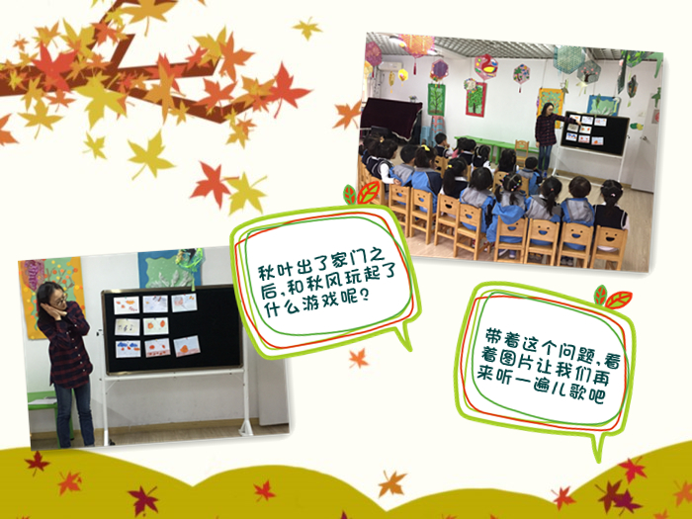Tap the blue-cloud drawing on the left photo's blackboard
[x=128, y=349]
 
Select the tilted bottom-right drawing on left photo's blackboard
[x=187, y=346]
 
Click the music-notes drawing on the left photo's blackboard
[x=128, y=327]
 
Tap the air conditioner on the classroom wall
[x=389, y=67]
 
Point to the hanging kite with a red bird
[x=486, y=67]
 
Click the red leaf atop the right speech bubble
[x=618, y=300]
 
